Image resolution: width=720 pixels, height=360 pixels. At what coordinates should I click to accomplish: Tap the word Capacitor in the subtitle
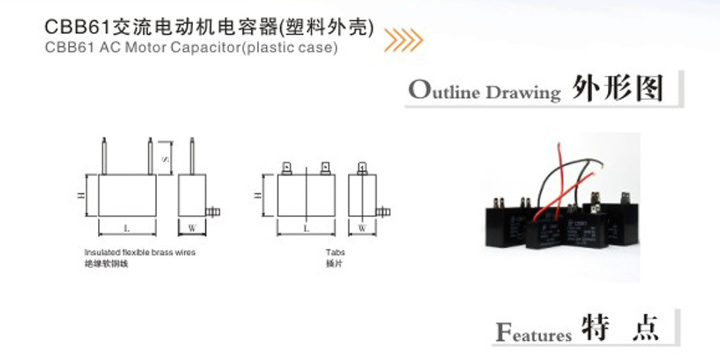tap(203, 48)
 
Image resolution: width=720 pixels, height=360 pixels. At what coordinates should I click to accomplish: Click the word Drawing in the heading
tap(523, 93)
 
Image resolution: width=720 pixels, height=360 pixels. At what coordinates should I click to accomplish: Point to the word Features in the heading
tap(534, 332)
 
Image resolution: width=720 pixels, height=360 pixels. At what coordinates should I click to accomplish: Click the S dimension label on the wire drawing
tap(166, 159)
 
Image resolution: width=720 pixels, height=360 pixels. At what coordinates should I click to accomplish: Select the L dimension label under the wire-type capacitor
tap(127, 228)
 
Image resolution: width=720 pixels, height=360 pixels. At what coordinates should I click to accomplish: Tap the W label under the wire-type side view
tap(192, 228)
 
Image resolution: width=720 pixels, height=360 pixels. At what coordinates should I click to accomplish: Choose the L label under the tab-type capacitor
tap(306, 228)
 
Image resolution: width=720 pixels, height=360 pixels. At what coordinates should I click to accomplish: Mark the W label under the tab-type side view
tap(362, 228)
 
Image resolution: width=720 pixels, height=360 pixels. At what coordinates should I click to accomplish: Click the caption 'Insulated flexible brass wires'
tap(140, 253)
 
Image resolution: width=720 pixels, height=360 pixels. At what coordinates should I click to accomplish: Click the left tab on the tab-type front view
tap(287, 167)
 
